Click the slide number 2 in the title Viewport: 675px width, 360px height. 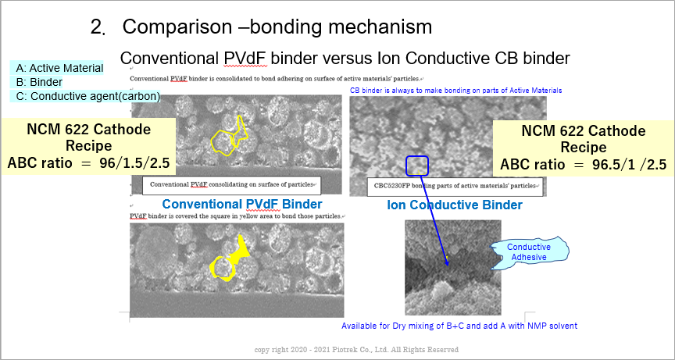click(95, 27)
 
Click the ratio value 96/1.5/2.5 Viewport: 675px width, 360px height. click(133, 164)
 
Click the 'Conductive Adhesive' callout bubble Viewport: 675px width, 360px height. click(530, 252)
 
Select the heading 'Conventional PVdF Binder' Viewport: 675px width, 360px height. click(242, 204)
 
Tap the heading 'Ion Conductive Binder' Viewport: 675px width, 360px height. click(455, 205)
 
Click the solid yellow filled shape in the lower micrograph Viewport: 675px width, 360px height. click(228, 260)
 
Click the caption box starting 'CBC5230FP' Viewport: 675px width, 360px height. click(455, 186)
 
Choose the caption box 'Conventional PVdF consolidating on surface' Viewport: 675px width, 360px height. click(231, 185)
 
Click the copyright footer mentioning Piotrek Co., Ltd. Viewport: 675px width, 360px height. click(356, 350)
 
